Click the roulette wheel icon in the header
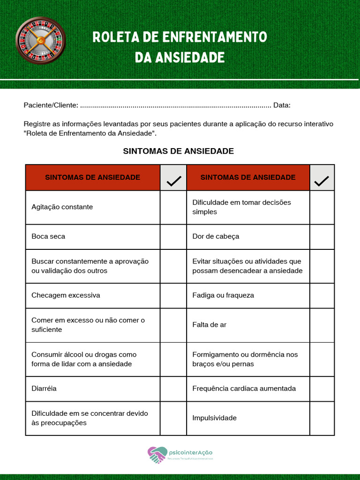40,40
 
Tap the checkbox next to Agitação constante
173,207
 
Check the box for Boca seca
173,237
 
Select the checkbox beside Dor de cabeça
322,237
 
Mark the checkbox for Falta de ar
322,325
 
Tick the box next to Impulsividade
322,418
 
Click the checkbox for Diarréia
173,389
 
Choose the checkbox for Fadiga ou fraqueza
322,295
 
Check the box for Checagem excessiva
173,295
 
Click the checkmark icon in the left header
173,180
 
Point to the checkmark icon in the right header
322,180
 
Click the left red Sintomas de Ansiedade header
92,178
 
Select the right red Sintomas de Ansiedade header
248,178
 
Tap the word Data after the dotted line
282,105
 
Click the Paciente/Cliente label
51,105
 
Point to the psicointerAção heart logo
157,455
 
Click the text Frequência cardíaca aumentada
244,389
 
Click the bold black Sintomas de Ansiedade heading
178,151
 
